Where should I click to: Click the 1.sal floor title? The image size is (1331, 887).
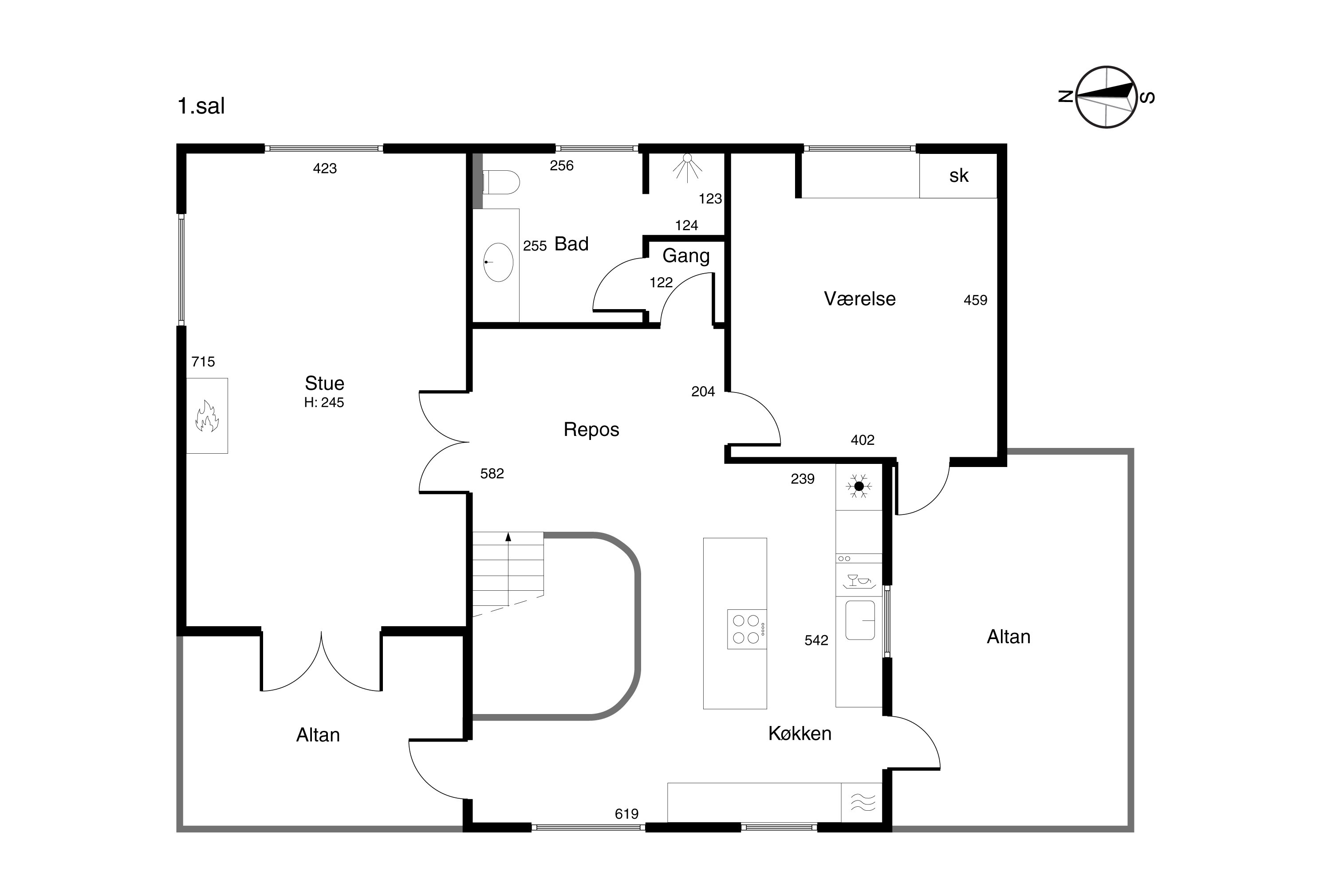(201, 106)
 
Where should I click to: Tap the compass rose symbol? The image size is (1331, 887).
(1107, 97)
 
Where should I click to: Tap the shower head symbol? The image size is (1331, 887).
(688, 168)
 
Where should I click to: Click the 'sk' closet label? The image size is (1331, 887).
(959, 176)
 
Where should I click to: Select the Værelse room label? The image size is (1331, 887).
(860, 298)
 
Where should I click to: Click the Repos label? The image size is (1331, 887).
(591, 430)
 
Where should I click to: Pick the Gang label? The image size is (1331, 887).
(686, 256)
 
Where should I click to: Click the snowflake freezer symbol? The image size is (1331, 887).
(858, 487)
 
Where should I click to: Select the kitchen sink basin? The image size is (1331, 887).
(860, 620)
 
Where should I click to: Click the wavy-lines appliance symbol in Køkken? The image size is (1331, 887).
(863, 802)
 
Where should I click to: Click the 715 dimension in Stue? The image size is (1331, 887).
(203, 362)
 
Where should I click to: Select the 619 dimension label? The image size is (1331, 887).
(626, 814)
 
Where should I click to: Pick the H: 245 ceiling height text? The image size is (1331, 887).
(324, 403)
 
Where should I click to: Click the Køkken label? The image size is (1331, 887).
(799, 734)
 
